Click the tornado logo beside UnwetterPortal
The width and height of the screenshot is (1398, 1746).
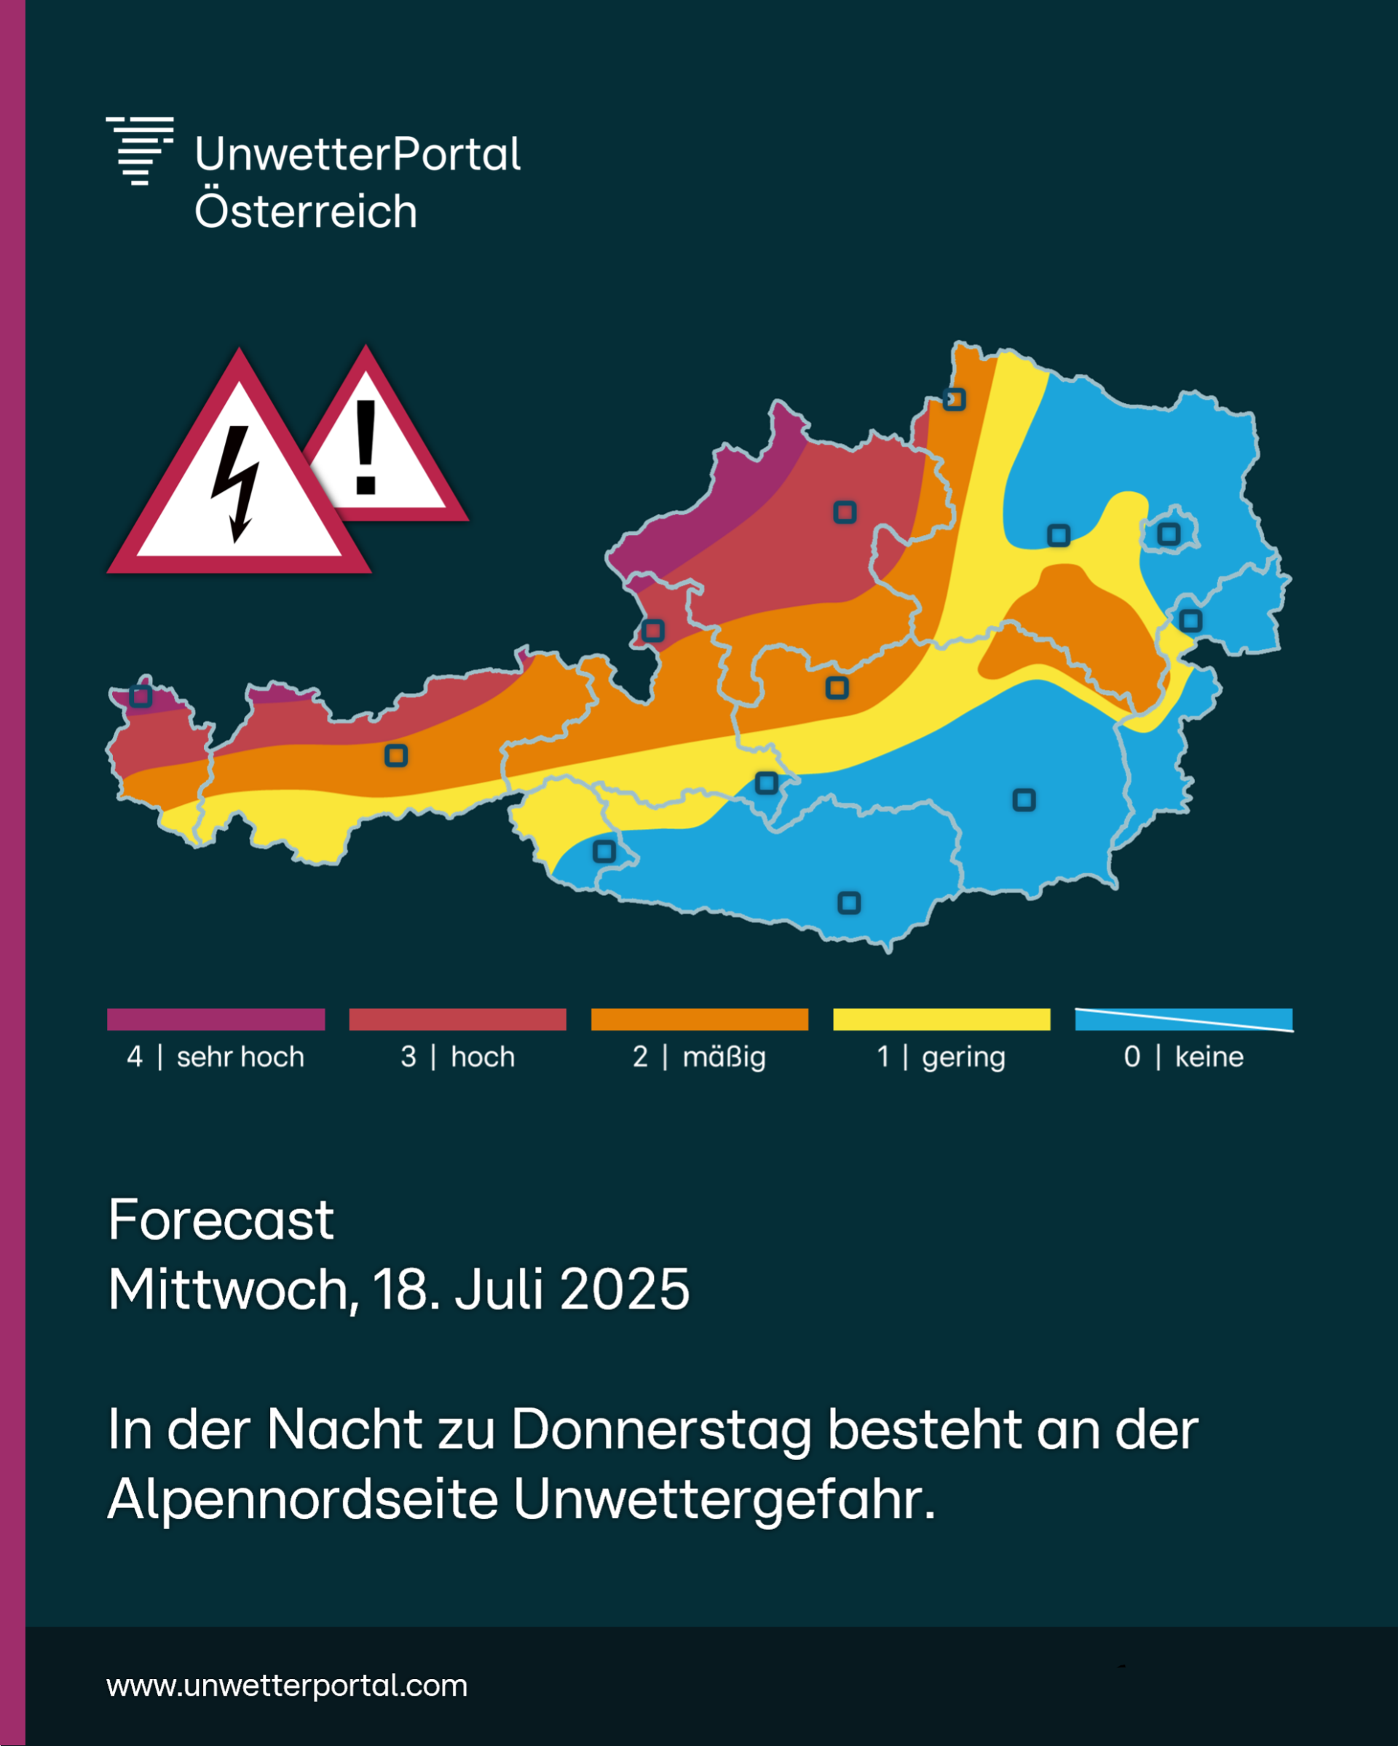[x=139, y=151]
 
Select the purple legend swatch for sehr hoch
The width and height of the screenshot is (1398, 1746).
[x=216, y=1019]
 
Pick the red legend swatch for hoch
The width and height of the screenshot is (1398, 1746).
[x=458, y=1019]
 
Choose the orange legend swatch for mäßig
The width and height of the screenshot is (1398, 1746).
[x=700, y=1019]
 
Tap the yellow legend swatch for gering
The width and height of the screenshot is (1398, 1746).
[x=941, y=1019]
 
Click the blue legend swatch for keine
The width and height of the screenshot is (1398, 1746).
[x=1183, y=1019]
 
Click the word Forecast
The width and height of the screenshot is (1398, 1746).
[x=221, y=1220]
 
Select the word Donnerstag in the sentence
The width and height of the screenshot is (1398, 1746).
[x=661, y=1430]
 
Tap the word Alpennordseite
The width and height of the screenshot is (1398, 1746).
[x=302, y=1499]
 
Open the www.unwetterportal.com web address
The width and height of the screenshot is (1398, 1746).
[x=287, y=1686]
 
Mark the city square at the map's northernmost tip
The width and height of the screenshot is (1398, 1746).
[x=954, y=400]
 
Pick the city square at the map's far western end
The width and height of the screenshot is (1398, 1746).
[x=141, y=696]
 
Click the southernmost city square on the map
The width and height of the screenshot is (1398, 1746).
[x=849, y=902]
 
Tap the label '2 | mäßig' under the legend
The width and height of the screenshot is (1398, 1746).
[x=699, y=1057]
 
